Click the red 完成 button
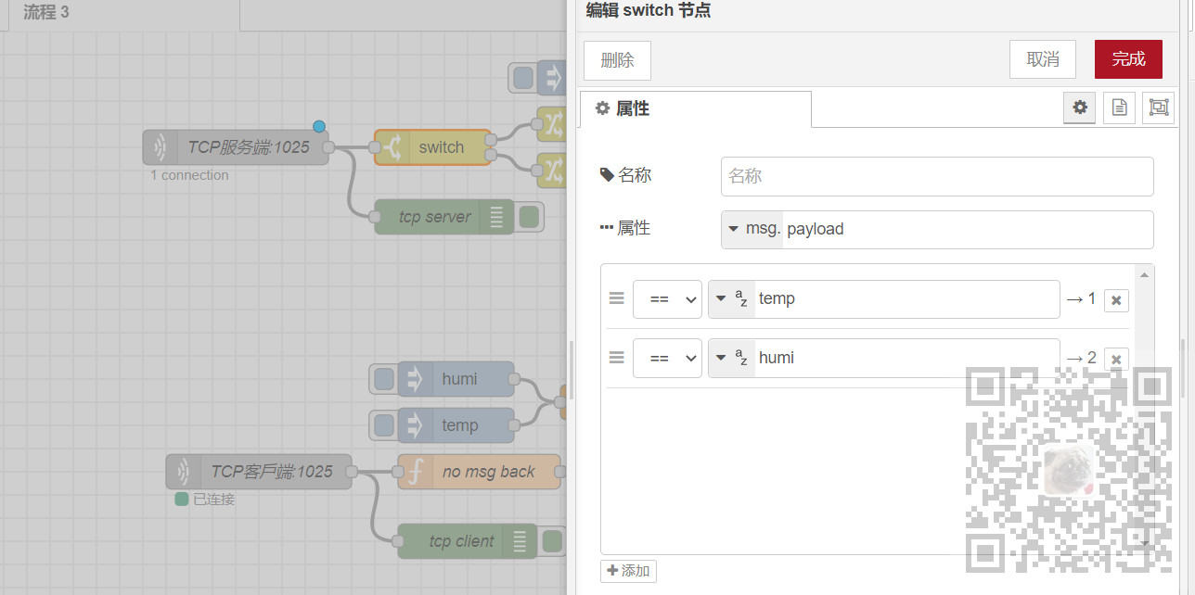point(1128,59)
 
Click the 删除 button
point(617,60)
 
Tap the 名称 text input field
point(936,176)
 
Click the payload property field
point(965,230)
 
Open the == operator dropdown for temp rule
point(667,299)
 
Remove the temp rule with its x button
point(1116,300)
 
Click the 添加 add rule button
point(628,571)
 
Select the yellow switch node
point(441,147)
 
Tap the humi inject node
point(459,379)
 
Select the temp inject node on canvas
point(459,425)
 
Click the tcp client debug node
point(461,541)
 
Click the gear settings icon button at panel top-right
point(1079,108)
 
